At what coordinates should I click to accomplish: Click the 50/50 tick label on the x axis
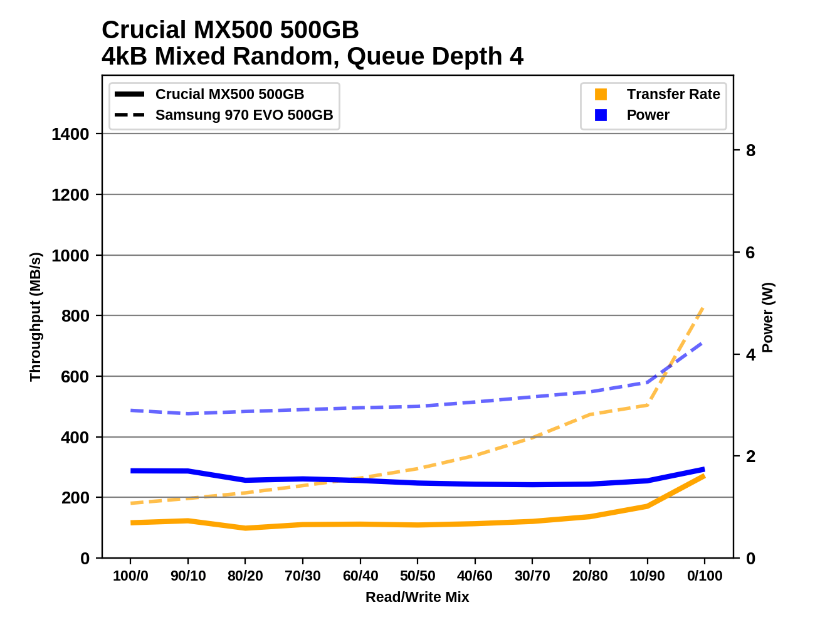pyautogui.click(x=418, y=576)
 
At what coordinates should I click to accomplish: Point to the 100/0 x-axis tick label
pyautogui.click(x=130, y=576)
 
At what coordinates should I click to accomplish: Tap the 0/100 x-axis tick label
pyautogui.click(x=705, y=576)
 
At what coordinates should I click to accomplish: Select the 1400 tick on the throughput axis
pyautogui.click(x=70, y=134)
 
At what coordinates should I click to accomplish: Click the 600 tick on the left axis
pyautogui.click(x=75, y=377)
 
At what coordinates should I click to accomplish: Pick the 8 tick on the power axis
pyautogui.click(x=750, y=150)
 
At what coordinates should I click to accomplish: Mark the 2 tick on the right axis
pyautogui.click(x=750, y=456)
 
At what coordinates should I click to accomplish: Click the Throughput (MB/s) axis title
pyautogui.click(x=35, y=317)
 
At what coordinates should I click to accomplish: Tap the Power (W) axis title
pyautogui.click(x=768, y=317)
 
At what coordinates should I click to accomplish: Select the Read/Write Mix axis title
pyautogui.click(x=418, y=597)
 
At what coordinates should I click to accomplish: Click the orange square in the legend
pyautogui.click(x=601, y=95)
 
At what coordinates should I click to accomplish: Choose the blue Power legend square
pyautogui.click(x=601, y=115)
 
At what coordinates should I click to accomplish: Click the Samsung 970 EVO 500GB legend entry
pyautogui.click(x=244, y=115)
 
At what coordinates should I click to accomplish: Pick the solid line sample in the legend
pyautogui.click(x=130, y=95)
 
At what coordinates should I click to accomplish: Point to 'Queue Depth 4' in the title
pyautogui.click(x=434, y=56)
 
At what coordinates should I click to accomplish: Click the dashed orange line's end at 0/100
pyautogui.click(x=705, y=306)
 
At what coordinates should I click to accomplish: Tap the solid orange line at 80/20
pyautogui.click(x=245, y=528)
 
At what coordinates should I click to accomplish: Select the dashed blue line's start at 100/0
pyautogui.click(x=130, y=410)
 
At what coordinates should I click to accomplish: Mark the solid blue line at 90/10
pyautogui.click(x=188, y=471)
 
